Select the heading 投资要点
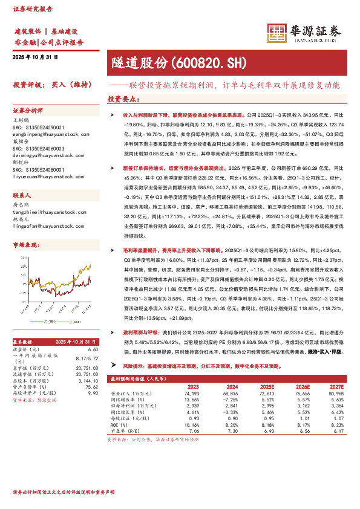tap(122, 98)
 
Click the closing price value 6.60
tap(93, 350)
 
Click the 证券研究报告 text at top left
tap(30, 8)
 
